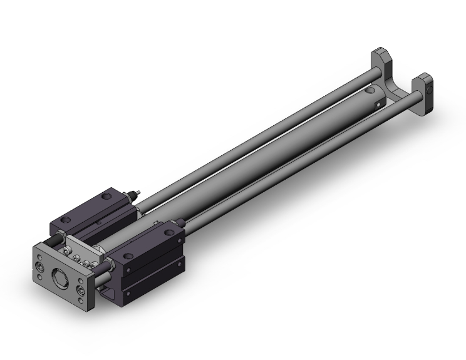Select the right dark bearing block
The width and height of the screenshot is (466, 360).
[x=150, y=250]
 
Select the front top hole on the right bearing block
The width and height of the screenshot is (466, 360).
[x=130, y=254]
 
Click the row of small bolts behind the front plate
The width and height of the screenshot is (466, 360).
[x=78, y=257]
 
